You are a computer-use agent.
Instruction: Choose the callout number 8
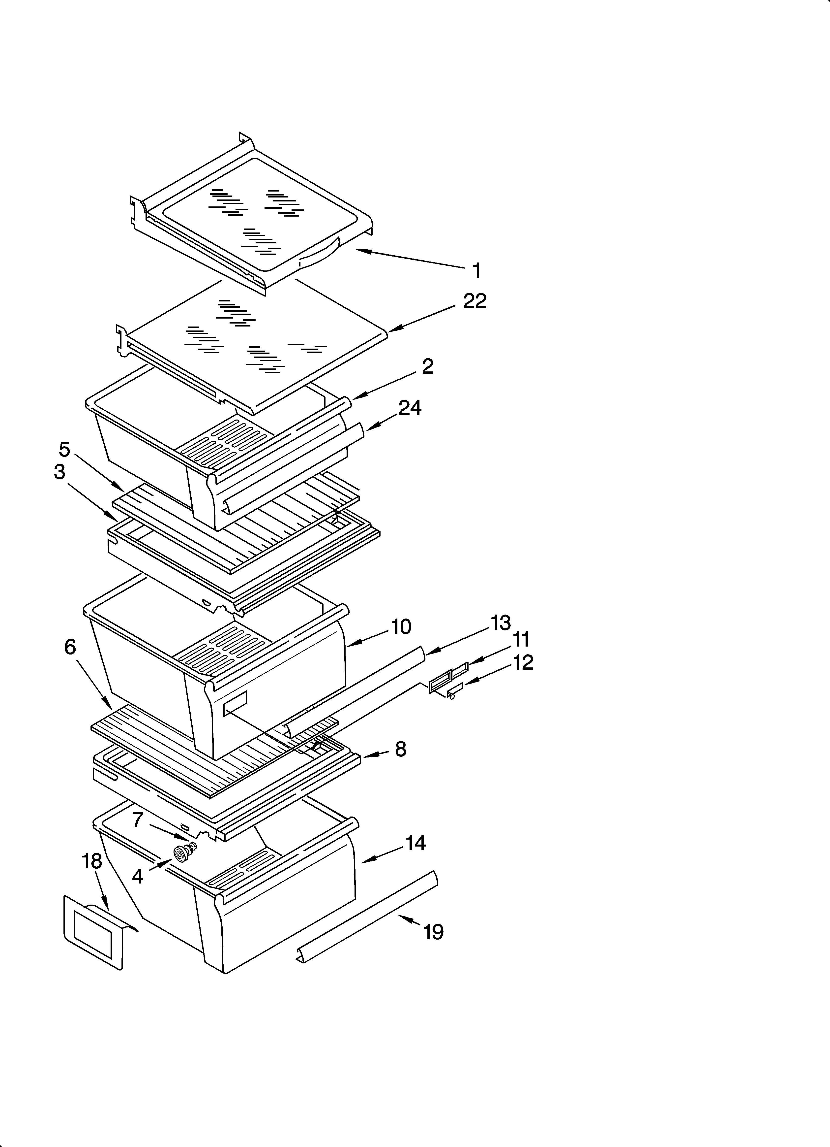pos(400,749)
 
